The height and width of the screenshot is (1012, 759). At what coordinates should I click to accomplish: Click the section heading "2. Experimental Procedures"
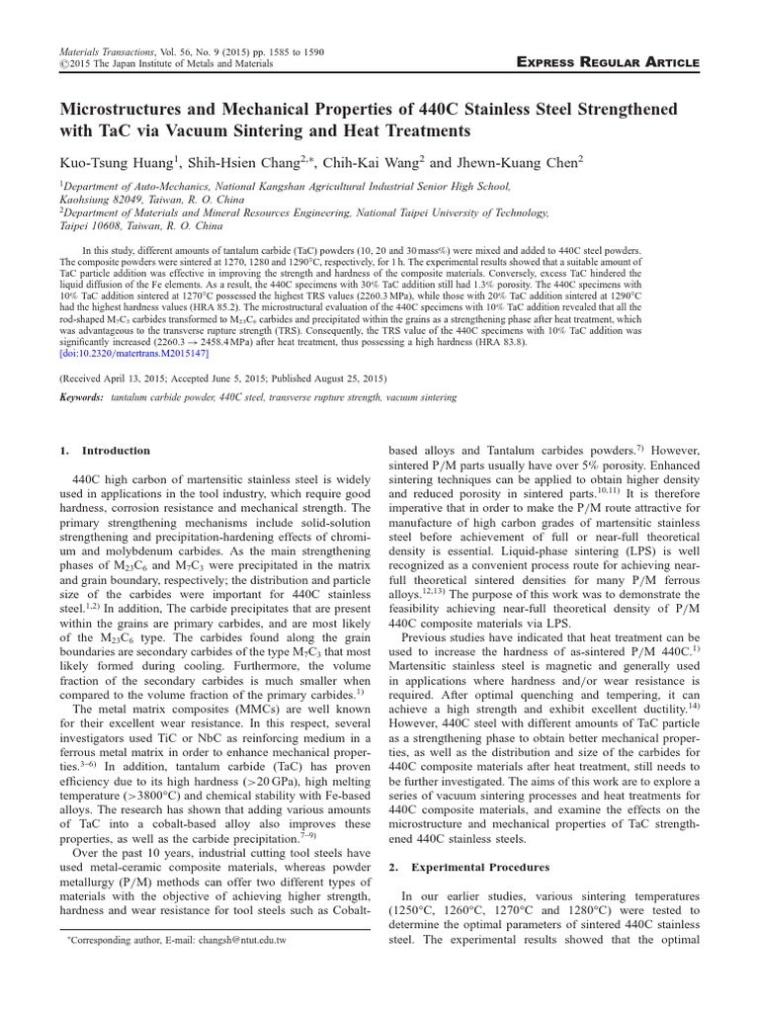pyautogui.click(x=465, y=868)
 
